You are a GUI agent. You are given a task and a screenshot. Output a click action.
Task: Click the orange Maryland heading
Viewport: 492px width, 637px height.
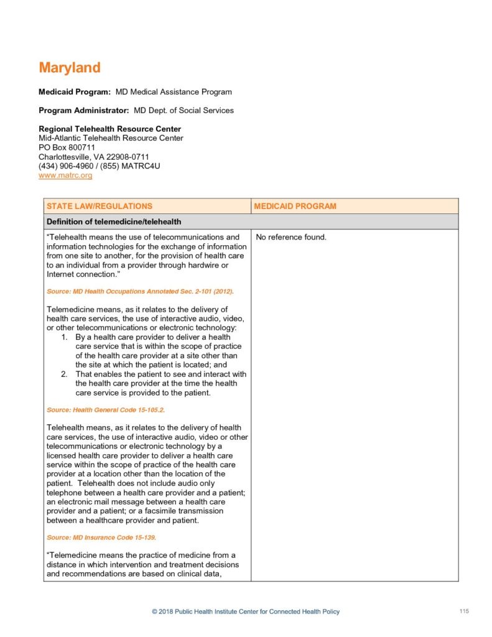tap(70, 68)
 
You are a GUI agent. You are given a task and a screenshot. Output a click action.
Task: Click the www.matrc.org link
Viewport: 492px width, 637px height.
tap(65, 176)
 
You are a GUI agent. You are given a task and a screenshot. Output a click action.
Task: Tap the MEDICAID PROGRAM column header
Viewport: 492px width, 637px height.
tap(295, 206)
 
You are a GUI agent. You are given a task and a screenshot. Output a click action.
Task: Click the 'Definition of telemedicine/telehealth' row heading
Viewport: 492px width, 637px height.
tap(113, 221)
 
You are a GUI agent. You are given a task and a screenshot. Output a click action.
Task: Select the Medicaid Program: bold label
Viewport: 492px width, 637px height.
tap(75, 92)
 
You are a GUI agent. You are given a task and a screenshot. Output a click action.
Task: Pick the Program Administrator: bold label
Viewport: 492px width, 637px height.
tap(83, 111)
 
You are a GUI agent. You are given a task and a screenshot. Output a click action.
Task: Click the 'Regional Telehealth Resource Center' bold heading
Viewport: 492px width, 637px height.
tap(109, 129)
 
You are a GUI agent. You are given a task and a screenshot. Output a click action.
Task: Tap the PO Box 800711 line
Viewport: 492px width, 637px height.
tap(67, 147)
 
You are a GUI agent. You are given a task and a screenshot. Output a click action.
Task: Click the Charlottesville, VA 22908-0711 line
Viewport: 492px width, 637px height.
tap(94, 157)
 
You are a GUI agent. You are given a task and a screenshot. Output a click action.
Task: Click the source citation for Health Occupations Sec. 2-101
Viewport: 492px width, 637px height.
tap(140, 291)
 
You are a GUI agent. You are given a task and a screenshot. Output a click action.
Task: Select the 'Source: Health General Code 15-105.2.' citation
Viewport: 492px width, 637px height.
tap(106, 410)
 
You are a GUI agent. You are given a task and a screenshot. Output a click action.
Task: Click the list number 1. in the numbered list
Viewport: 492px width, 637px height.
tap(64, 337)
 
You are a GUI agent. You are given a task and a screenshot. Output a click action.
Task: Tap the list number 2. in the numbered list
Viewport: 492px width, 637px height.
tap(64, 374)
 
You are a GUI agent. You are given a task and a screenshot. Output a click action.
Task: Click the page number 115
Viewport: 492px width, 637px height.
tap(464, 611)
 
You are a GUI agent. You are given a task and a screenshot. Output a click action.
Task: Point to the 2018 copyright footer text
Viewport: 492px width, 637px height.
tap(246, 612)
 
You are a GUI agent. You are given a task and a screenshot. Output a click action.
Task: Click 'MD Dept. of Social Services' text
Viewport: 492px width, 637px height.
tap(183, 111)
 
